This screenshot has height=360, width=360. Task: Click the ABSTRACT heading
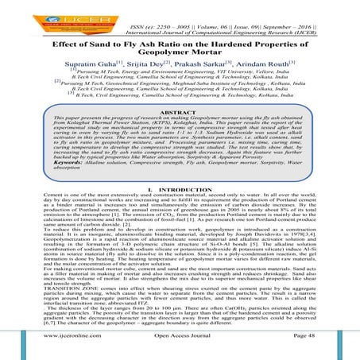point(179,110)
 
